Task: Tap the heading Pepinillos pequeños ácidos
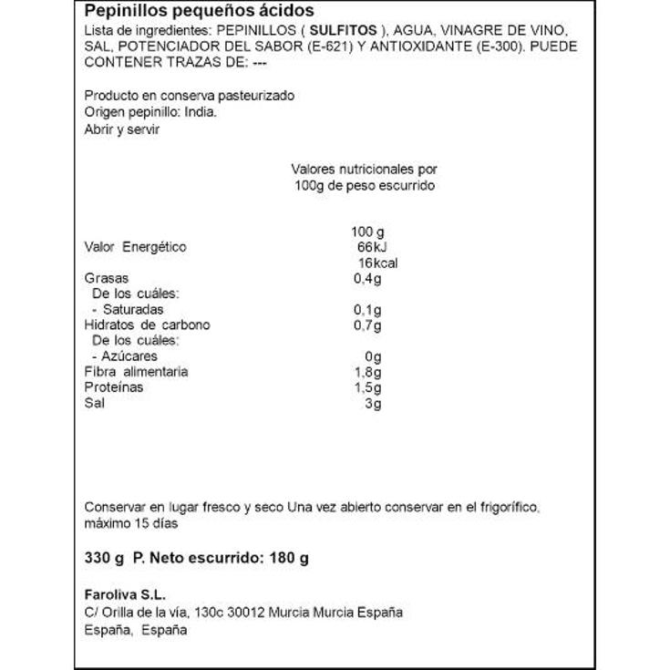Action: [x=199, y=11]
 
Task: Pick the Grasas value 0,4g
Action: [x=366, y=278]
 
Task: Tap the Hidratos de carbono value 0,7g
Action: [x=366, y=325]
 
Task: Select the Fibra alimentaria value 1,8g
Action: [x=366, y=371]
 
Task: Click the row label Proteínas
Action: [x=113, y=387]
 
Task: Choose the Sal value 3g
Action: [x=372, y=403]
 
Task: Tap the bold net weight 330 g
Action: [x=102, y=557]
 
